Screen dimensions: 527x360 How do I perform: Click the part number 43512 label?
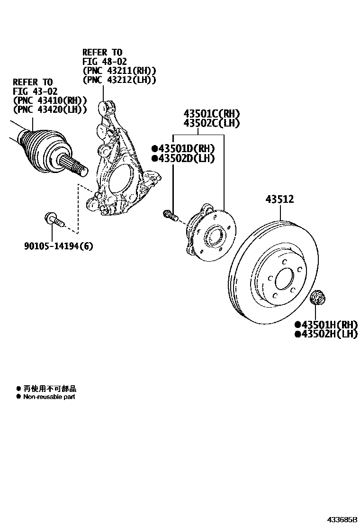(x=279, y=200)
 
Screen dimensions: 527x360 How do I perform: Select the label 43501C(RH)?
(x=212, y=114)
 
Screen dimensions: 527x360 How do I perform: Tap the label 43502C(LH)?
(x=212, y=123)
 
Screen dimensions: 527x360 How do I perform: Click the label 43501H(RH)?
(x=328, y=325)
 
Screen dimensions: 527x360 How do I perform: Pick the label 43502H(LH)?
(x=328, y=334)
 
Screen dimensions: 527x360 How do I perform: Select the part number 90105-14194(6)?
(x=59, y=246)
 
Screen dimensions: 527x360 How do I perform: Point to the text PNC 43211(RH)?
(x=119, y=71)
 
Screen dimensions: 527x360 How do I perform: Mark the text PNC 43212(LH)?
(x=119, y=80)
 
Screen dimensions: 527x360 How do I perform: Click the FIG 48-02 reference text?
(x=105, y=62)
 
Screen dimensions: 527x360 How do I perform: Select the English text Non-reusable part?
(x=49, y=397)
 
